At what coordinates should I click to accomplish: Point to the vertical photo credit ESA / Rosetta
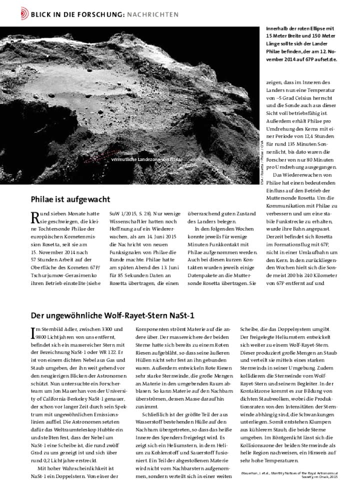pos(261,163)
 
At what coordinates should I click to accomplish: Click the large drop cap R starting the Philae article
pos(35,217)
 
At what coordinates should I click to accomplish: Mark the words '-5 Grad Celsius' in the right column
pos(296,100)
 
